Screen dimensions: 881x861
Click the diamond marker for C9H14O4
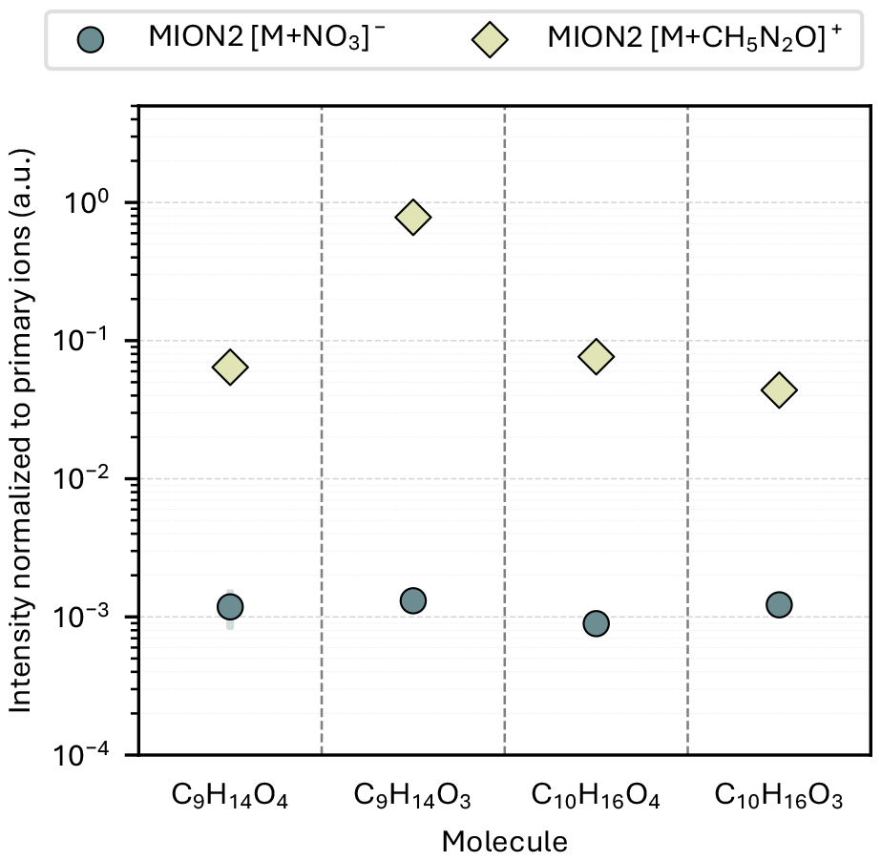pyautogui.click(x=230, y=367)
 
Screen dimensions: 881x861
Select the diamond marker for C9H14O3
pyautogui.click(x=413, y=217)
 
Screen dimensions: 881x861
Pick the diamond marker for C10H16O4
pyautogui.click(x=597, y=356)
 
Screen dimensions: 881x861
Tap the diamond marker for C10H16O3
pyautogui.click(x=779, y=389)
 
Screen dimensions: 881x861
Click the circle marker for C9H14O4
pyautogui.click(x=230, y=607)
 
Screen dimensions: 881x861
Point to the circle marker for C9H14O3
pyautogui.click(x=413, y=600)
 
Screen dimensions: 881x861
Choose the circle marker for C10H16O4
pyautogui.click(x=597, y=623)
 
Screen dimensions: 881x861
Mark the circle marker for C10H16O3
pyautogui.click(x=779, y=605)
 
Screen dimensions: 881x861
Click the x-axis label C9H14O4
pyautogui.click(x=230, y=797)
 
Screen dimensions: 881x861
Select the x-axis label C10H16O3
pyautogui.click(x=779, y=797)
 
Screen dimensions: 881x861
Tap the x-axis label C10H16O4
pyautogui.click(x=596, y=797)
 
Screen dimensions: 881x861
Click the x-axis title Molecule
pyautogui.click(x=505, y=842)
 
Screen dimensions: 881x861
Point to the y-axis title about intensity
pyautogui.click(x=21, y=430)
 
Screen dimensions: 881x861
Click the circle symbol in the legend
pyautogui.click(x=91, y=40)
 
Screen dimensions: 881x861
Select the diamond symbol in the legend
pyautogui.click(x=490, y=40)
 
